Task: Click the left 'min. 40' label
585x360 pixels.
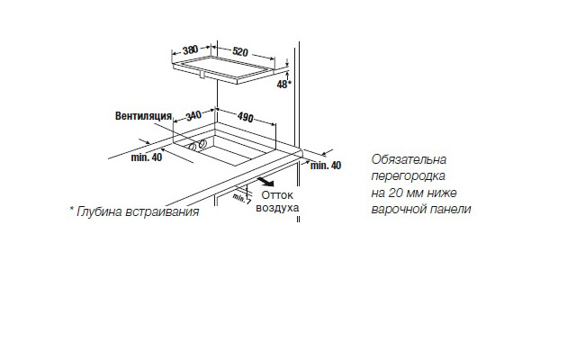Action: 145,158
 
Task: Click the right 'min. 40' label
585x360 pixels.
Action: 325,166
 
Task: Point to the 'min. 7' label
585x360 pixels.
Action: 241,199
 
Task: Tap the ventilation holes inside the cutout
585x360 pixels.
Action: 197,145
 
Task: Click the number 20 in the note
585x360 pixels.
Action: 397,193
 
